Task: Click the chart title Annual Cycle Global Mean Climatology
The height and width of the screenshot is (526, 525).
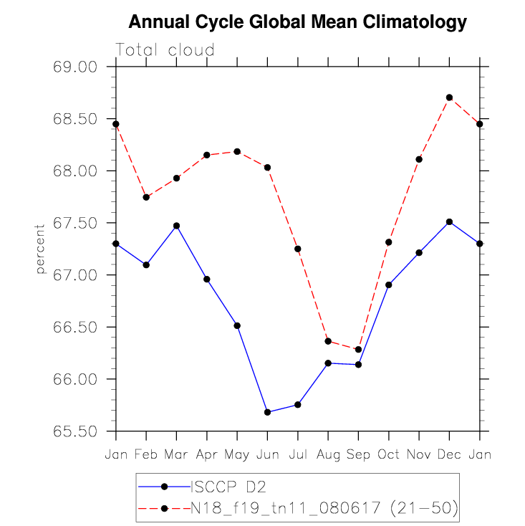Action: (297, 23)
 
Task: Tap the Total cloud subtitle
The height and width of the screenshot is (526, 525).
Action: (165, 50)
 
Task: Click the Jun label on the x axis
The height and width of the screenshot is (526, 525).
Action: (267, 454)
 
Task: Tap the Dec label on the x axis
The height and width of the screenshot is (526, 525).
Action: (449, 454)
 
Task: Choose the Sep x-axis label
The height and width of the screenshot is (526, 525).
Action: (358, 454)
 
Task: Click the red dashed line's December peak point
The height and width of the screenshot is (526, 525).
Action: (449, 97)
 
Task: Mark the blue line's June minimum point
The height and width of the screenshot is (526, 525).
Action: (267, 412)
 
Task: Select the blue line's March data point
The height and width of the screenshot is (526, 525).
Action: (176, 226)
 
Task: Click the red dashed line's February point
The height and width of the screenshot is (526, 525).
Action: (146, 197)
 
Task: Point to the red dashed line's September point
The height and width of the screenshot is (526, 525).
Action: (358, 350)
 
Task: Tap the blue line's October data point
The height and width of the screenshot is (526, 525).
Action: (389, 284)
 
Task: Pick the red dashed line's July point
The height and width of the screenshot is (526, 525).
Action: (297, 249)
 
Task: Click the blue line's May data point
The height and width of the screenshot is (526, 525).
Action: (237, 325)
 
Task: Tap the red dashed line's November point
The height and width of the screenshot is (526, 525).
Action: (419, 159)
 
